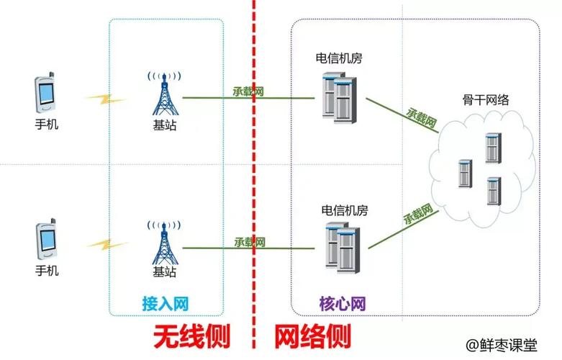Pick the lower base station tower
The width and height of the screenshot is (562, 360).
click(x=164, y=240)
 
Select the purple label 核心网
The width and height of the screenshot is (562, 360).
click(x=343, y=302)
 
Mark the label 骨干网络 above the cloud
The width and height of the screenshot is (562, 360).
click(x=486, y=100)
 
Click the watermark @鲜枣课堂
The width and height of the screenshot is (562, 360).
click(x=501, y=346)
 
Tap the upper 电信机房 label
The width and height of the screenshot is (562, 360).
click(x=338, y=58)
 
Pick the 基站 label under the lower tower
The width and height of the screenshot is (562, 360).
click(x=164, y=272)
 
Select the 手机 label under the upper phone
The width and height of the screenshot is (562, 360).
click(x=47, y=125)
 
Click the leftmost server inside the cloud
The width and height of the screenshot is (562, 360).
click(x=465, y=174)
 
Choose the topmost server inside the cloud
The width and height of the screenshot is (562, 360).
click(x=493, y=148)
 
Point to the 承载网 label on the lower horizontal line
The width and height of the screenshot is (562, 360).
click(x=250, y=242)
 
